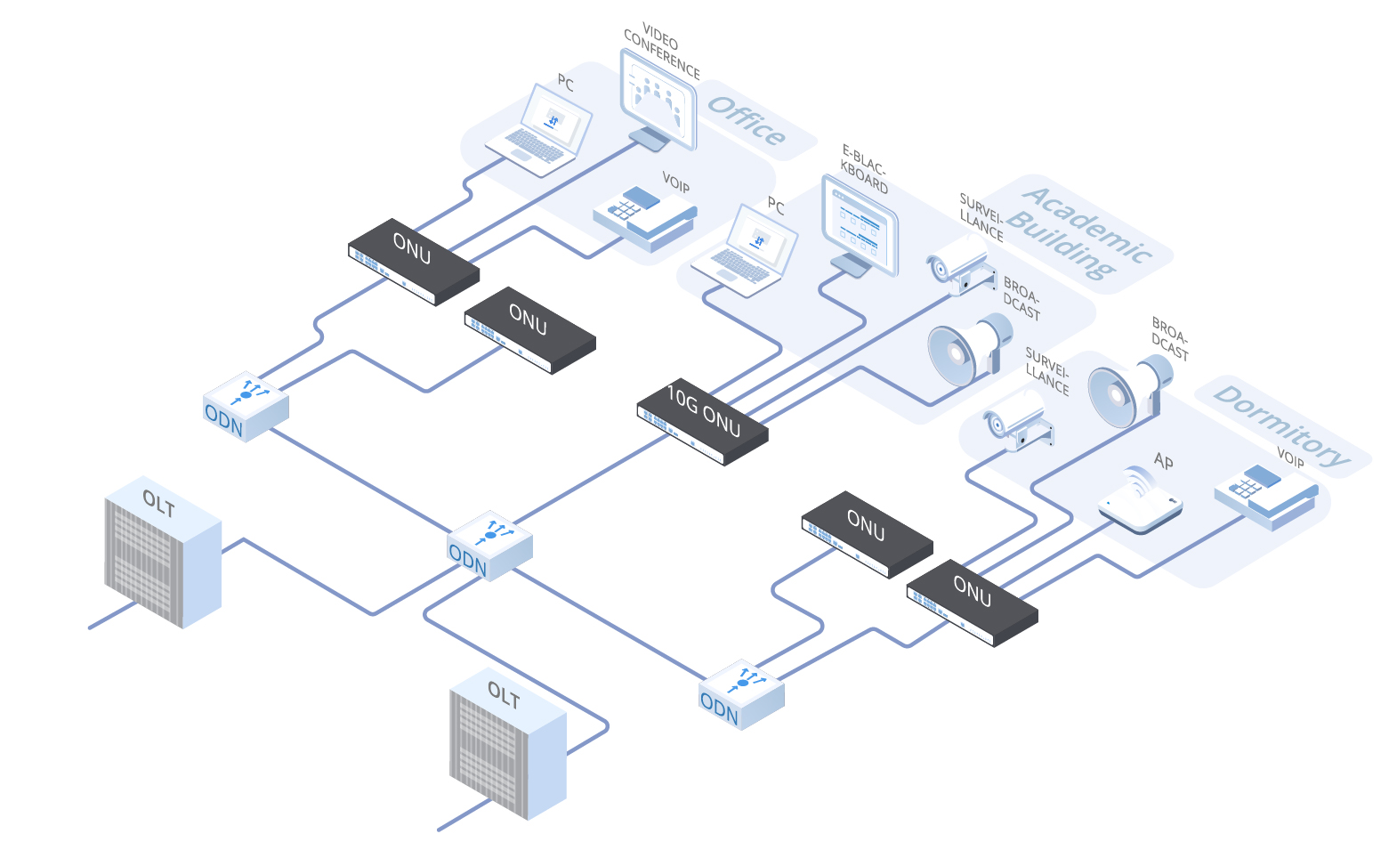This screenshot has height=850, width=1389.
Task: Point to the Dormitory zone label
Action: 1282,425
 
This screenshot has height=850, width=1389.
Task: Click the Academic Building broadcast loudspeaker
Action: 968,348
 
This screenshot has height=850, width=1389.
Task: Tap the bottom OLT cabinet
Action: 507,744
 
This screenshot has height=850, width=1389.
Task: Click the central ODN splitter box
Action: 489,546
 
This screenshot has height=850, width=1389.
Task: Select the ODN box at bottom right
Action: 741,695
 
